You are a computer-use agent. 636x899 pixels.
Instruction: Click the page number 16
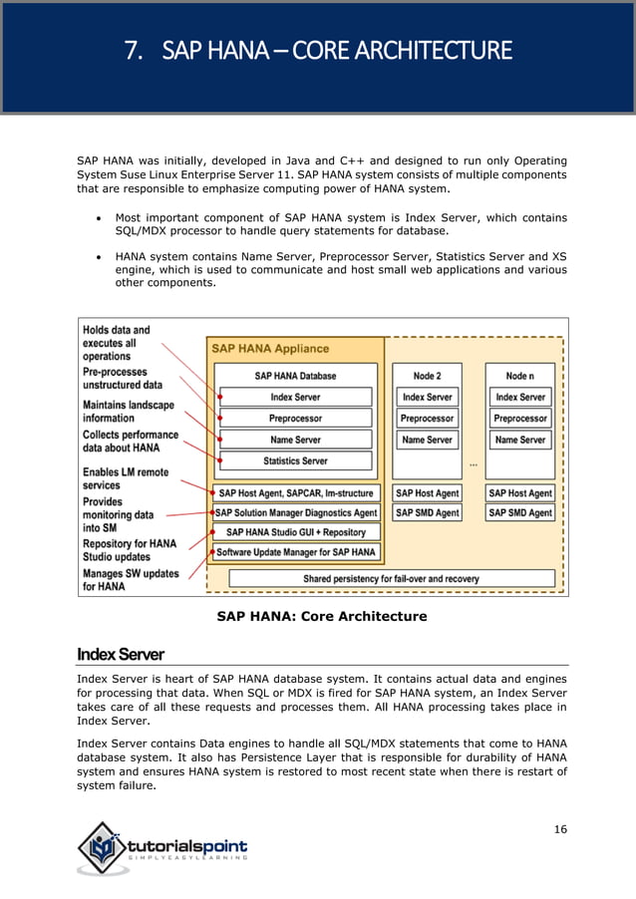coord(560,830)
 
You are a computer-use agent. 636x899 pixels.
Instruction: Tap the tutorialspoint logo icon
coord(103,848)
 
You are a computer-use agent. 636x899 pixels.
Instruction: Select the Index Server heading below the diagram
coord(120,654)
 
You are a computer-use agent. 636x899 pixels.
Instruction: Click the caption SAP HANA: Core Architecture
coord(322,616)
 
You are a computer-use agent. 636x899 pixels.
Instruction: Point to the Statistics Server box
coord(295,460)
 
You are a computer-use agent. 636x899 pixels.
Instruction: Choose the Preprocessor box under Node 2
coord(427,419)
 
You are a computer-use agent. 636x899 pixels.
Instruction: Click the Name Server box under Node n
coord(519,440)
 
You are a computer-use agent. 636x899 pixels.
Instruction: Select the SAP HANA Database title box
coord(295,376)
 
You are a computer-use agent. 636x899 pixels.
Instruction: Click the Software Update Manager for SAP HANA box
coord(295,551)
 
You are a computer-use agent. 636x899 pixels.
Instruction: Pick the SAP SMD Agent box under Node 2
coord(427,512)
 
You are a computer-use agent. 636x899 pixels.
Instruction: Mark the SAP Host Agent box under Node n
coord(519,493)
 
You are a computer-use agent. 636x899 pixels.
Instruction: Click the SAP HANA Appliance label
coord(269,349)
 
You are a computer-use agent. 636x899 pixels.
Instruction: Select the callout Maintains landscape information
coord(128,412)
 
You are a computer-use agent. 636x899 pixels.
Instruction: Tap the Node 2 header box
coord(427,376)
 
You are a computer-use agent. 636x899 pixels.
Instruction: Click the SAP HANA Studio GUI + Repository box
coord(295,532)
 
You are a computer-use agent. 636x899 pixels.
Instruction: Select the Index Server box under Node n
coord(519,397)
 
